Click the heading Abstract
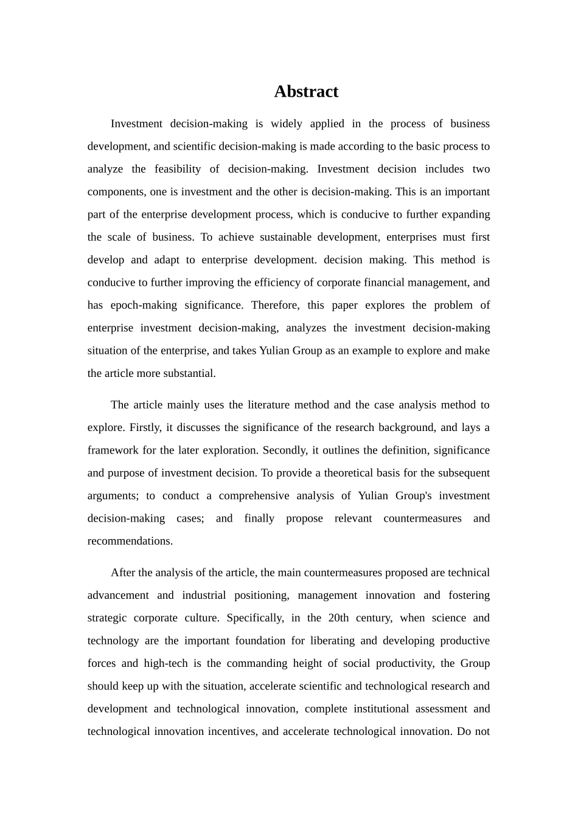pyautogui.click(x=306, y=91)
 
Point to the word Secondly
pyautogui.click(x=288, y=450)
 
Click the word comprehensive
pyautogui.click(x=254, y=495)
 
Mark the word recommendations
pyautogui.click(x=130, y=541)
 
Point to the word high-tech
pyautogui.click(x=164, y=663)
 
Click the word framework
pyautogui.click(x=112, y=450)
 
